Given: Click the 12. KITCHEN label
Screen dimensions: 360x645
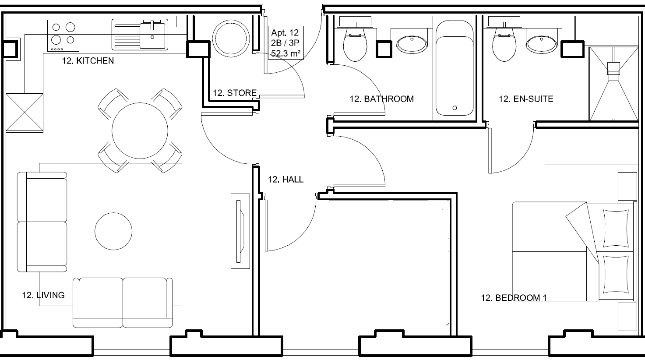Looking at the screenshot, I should coord(88,61).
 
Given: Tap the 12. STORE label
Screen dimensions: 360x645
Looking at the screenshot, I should coord(235,93).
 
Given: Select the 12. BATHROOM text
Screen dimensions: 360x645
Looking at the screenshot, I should coord(381,99).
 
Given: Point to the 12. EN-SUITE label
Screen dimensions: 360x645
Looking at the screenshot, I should coord(526,99).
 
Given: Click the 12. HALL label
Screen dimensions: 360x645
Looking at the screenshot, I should coord(285,180).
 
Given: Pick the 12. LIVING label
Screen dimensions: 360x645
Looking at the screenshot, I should coord(43,295).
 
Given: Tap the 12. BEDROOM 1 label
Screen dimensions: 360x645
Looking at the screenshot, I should coord(514,298).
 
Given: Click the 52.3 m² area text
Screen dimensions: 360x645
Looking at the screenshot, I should coord(285,54).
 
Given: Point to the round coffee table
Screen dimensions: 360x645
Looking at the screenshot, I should coord(113,231).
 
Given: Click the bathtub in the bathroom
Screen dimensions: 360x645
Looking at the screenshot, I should coord(455,69).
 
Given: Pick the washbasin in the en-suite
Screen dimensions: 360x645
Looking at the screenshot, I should coord(542,44).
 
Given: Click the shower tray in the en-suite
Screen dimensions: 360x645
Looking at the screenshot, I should coord(613,84).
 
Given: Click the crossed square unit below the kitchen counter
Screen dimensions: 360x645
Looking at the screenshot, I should coord(25,112).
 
